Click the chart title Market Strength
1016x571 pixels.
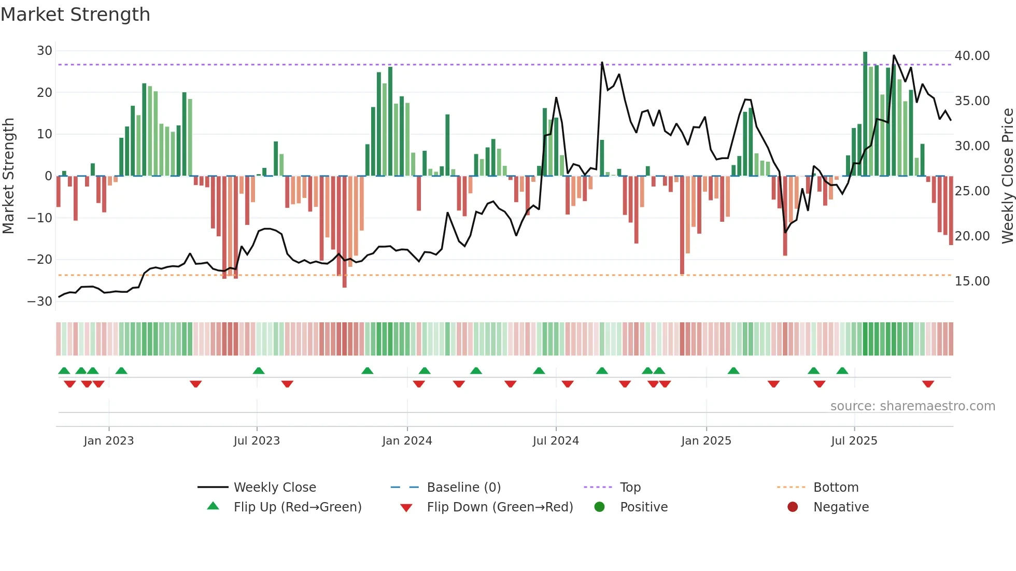pyautogui.click(x=76, y=15)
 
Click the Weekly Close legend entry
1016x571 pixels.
pyautogui.click(x=274, y=488)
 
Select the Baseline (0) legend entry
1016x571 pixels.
pyautogui.click(x=463, y=488)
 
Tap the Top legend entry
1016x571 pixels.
pyautogui.click(x=630, y=488)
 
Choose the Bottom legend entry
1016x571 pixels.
pyautogui.click(x=836, y=488)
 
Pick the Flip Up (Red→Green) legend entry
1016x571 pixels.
pyautogui.click(x=297, y=507)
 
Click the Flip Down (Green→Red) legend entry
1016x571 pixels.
pyautogui.click(x=500, y=507)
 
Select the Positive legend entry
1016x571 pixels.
pyautogui.click(x=643, y=507)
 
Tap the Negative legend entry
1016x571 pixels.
pyautogui.click(x=841, y=507)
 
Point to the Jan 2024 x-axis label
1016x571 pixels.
pyautogui.click(x=407, y=441)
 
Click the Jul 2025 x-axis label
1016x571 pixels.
pyautogui.click(x=854, y=441)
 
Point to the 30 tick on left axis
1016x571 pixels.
pyautogui.click(x=45, y=51)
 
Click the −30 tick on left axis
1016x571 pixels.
pyautogui.click(x=40, y=302)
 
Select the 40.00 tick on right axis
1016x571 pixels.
pyautogui.click(x=972, y=56)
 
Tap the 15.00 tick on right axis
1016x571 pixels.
pyautogui.click(x=972, y=281)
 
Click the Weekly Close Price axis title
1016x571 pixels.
pyautogui.click(x=1007, y=176)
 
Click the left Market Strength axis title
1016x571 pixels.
pyautogui.click(x=9, y=176)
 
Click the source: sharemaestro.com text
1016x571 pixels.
pyautogui.click(x=912, y=406)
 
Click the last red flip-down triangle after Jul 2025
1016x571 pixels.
pyautogui.click(x=928, y=384)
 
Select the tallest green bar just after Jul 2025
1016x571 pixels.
pyautogui.click(x=865, y=114)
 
